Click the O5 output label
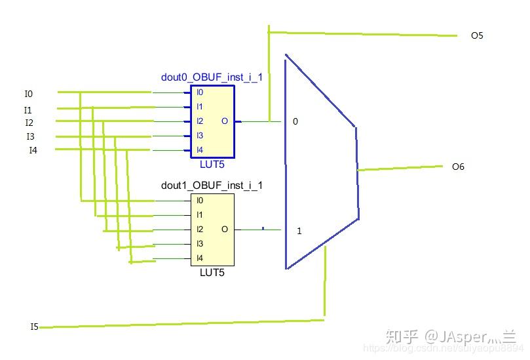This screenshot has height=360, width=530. (x=476, y=35)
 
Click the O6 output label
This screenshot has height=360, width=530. (x=458, y=167)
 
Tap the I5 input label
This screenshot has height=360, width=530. (x=34, y=327)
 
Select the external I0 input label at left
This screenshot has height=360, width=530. (x=28, y=94)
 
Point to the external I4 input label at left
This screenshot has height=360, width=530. (x=33, y=150)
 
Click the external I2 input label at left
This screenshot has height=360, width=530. (x=29, y=123)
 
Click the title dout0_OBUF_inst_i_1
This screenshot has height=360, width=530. (x=212, y=77)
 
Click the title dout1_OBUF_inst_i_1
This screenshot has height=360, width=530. (x=212, y=186)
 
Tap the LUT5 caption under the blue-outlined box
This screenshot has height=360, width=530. (x=212, y=164)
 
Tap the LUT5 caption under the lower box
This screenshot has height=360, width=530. (x=212, y=272)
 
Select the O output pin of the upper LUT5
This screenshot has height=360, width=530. (x=225, y=121)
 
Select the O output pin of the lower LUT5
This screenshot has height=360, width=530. (x=225, y=230)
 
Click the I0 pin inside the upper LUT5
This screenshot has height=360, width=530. (x=200, y=92)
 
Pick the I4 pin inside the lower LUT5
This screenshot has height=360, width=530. (x=200, y=258)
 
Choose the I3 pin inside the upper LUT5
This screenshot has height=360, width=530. (x=200, y=136)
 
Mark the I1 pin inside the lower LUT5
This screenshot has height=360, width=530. (x=200, y=215)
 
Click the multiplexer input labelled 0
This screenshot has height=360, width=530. (x=295, y=122)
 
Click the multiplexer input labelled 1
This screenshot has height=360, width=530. (x=299, y=231)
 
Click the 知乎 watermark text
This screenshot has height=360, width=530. (x=402, y=337)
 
